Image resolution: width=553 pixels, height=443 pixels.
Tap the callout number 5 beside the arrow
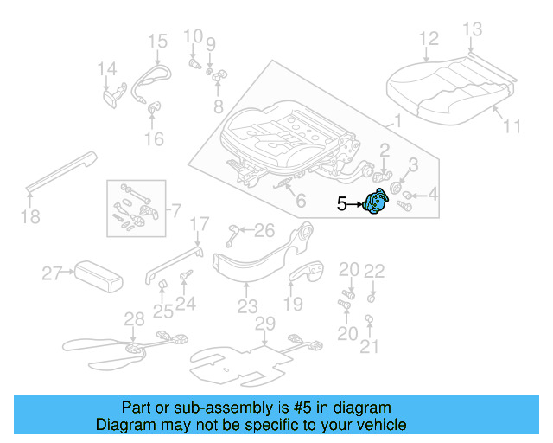[342, 204]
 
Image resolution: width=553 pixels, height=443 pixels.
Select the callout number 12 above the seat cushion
[429, 39]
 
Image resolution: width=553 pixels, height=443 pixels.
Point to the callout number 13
[471, 30]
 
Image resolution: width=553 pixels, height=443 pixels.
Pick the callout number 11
[512, 126]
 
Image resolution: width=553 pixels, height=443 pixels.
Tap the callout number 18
[30, 217]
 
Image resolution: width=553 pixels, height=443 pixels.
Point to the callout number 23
[248, 306]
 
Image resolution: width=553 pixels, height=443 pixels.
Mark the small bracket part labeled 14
[113, 93]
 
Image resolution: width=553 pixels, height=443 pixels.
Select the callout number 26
[264, 229]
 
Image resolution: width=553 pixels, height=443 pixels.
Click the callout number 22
[373, 271]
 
